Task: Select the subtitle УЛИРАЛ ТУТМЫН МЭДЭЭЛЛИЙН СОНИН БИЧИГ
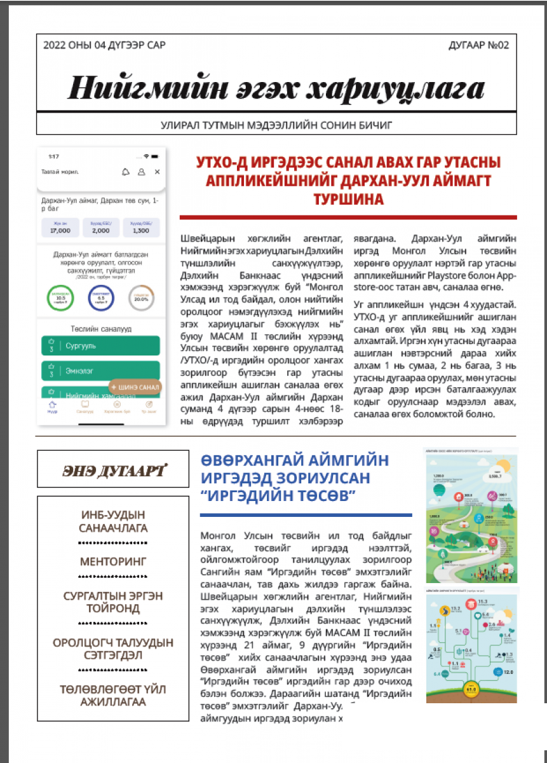click(276, 125)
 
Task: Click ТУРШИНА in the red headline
click(349, 200)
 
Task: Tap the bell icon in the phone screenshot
click(126, 172)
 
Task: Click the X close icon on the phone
click(157, 172)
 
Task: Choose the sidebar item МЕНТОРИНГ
click(114, 561)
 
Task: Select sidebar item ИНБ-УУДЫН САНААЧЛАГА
click(114, 521)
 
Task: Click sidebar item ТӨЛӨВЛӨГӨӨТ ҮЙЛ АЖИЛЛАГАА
click(114, 695)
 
